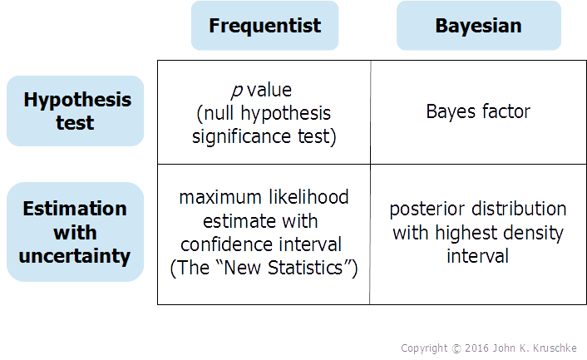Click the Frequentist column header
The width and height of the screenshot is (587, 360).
(x=264, y=26)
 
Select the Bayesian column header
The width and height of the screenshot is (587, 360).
(x=478, y=26)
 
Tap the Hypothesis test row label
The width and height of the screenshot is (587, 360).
(x=76, y=111)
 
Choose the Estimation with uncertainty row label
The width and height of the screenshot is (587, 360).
(x=76, y=232)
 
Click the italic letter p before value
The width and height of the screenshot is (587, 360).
(x=235, y=90)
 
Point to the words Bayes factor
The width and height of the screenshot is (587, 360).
(x=477, y=111)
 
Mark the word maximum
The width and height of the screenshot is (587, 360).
(x=219, y=198)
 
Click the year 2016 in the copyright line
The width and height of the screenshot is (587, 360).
(x=486, y=348)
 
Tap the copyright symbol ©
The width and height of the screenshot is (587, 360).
(x=456, y=348)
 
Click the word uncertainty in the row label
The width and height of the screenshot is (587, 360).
(x=76, y=256)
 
